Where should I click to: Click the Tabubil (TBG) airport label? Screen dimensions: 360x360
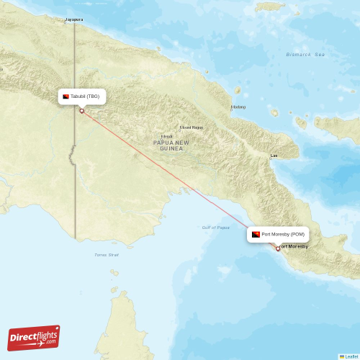point(86,96)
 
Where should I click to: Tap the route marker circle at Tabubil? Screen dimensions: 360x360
point(81,111)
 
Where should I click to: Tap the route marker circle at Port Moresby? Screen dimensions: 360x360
point(278,248)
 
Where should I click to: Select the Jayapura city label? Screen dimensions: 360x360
point(73,19)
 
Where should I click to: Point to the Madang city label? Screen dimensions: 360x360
point(238,107)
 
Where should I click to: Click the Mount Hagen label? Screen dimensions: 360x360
point(191,127)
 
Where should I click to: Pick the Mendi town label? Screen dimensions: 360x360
point(167,136)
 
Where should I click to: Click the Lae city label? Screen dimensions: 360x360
point(274,156)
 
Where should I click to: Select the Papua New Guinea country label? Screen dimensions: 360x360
point(171,145)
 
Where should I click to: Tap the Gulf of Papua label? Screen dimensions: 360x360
point(216,228)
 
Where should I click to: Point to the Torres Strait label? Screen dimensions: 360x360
point(106,254)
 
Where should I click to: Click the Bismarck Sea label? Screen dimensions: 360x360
point(305,55)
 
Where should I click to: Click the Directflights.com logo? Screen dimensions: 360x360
point(33,337)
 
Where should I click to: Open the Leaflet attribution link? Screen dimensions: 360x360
point(351,356)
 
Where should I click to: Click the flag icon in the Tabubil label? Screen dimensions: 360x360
point(66,96)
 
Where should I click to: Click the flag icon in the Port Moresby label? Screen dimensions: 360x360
point(256,234)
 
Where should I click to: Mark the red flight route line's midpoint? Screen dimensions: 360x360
point(180,180)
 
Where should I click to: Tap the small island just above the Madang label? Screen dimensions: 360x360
point(238,91)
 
